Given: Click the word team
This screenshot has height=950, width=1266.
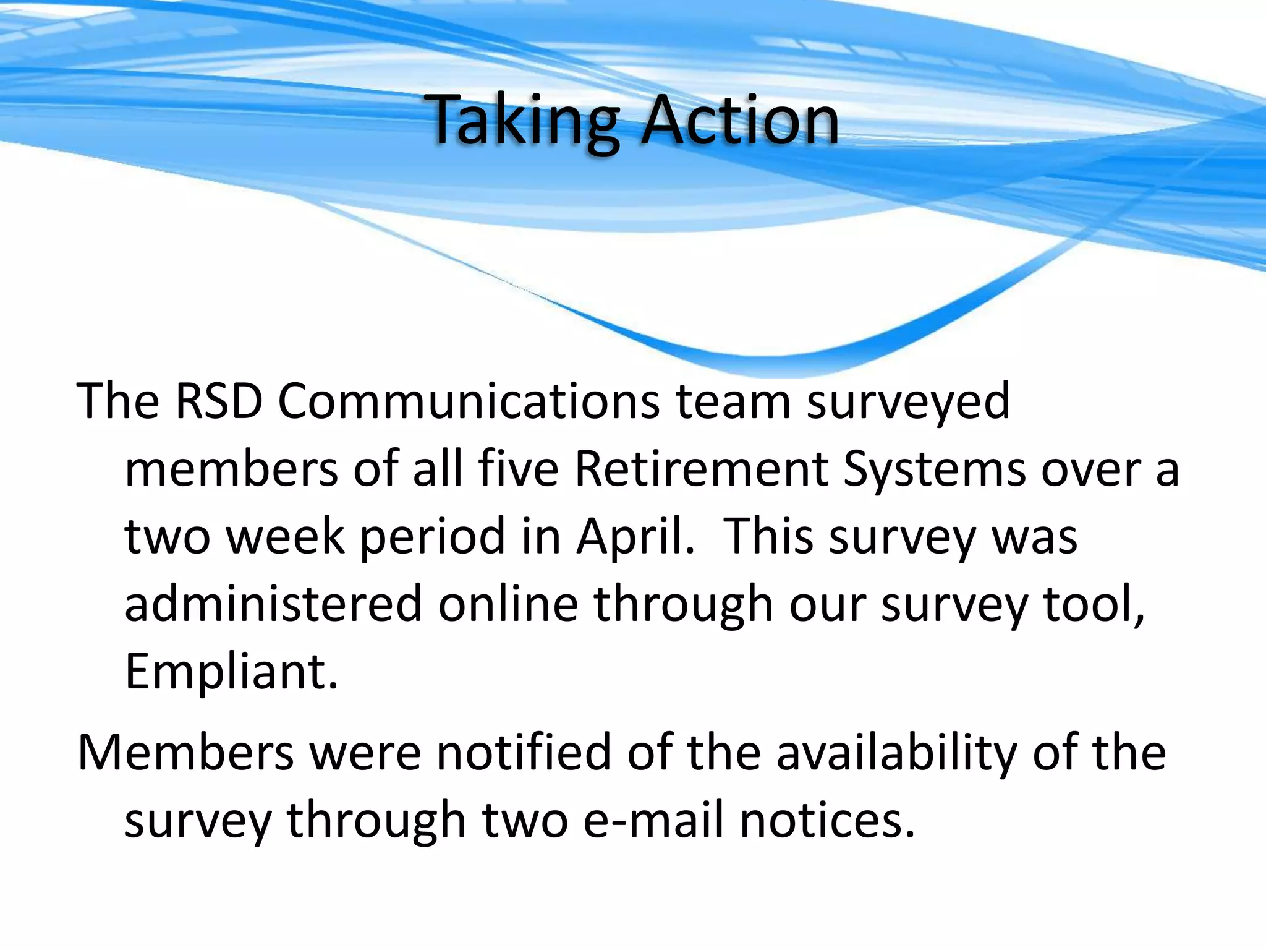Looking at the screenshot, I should (x=733, y=401).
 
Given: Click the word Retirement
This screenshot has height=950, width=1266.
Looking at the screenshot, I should (x=701, y=469).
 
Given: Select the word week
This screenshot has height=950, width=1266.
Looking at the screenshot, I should (x=284, y=536).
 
